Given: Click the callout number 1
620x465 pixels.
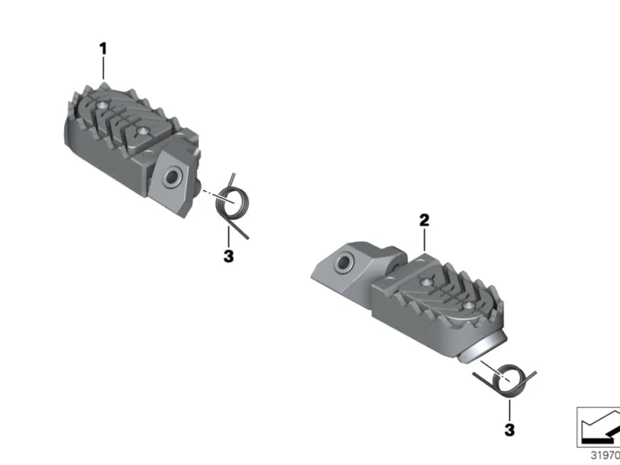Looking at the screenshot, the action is [x=103, y=49].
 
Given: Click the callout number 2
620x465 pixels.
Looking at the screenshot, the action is [x=424, y=220].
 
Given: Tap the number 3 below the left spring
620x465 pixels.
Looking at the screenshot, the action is [x=228, y=256].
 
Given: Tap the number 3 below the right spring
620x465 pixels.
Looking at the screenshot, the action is [x=509, y=430].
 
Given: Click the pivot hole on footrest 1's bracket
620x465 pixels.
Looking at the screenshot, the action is [x=171, y=177].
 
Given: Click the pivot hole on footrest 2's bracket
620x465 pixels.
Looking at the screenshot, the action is [x=344, y=263].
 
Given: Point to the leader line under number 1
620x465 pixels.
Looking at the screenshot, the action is [x=103, y=68].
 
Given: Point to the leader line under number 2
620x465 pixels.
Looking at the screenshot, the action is [x=424, y=240].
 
